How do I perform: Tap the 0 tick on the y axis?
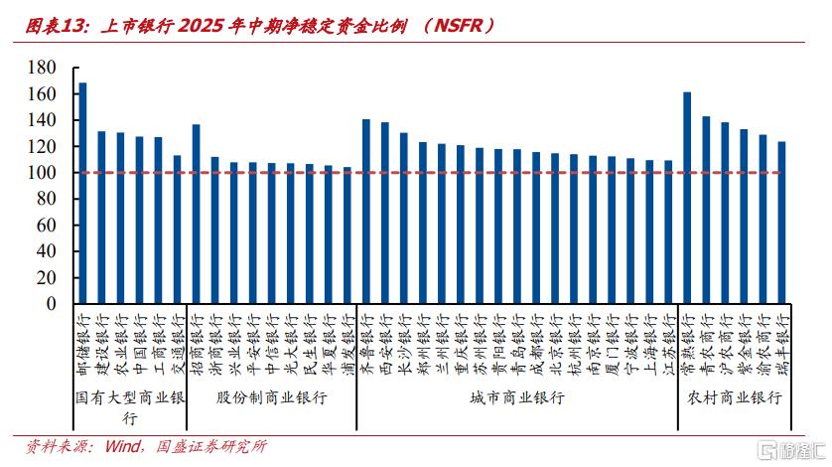pos(50,303)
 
